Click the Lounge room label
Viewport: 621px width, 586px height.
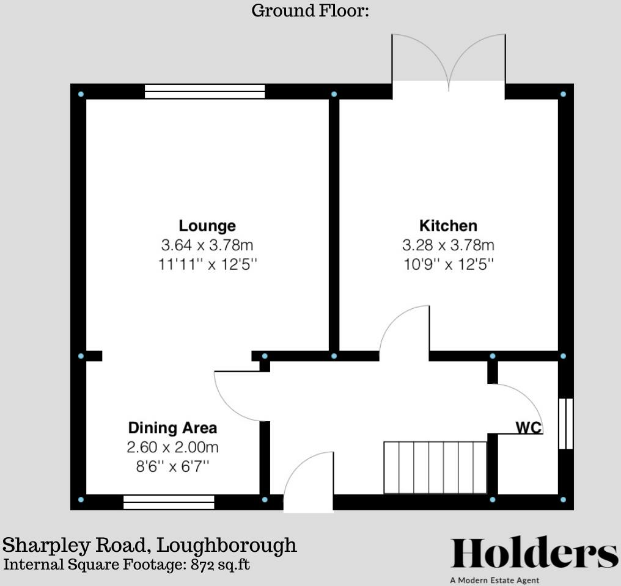pos(207,226)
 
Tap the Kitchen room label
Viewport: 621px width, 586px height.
pos(448,225)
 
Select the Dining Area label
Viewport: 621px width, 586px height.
pos(172,428)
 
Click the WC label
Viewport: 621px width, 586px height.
pos(529,428)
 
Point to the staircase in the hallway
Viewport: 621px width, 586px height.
pos(435,467)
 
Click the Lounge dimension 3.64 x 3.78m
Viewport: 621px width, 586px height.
pos(207,245)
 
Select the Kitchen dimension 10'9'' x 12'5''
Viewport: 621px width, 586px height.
pos(448,265)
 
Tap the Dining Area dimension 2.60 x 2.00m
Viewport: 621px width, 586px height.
pos(172,447)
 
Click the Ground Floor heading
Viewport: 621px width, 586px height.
pos(310,10)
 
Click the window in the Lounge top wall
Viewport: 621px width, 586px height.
pos(205,92)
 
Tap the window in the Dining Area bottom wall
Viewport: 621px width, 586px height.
pos(169,502)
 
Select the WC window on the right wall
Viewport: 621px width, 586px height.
pos(566,424)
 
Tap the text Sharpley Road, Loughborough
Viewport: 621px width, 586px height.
pos(150,545)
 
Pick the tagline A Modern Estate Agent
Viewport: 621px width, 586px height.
pos(494,580)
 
